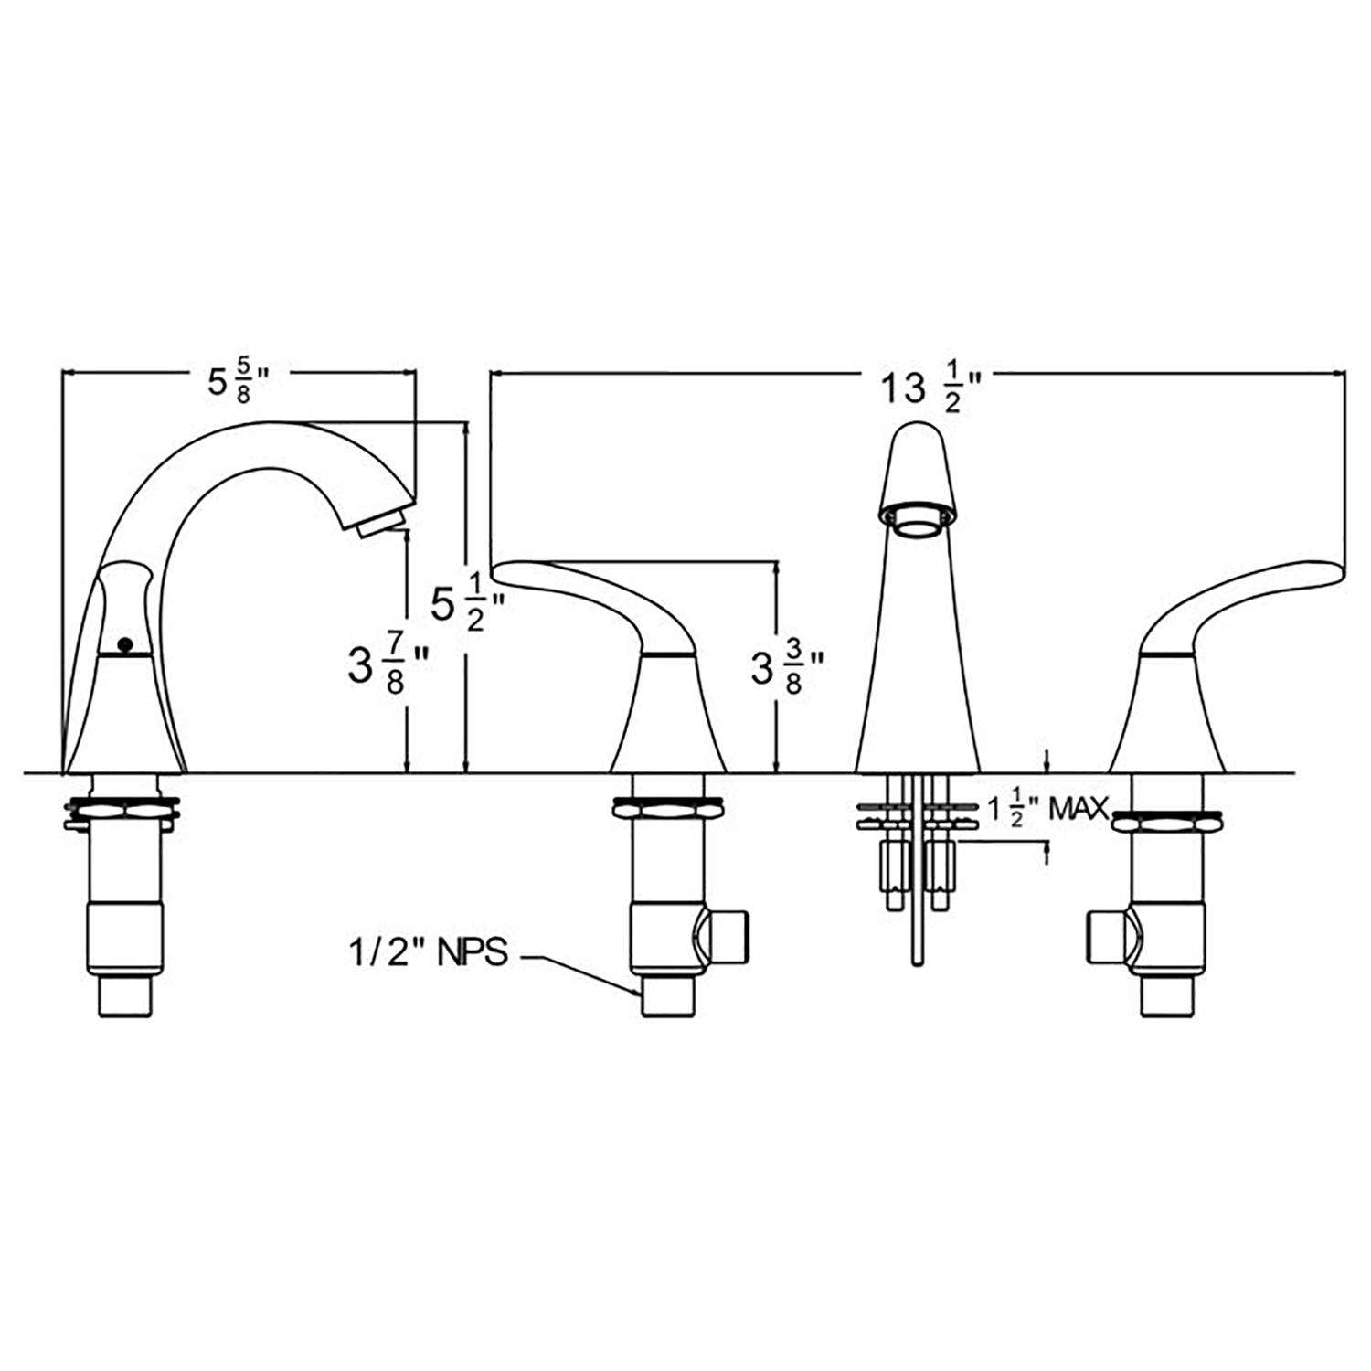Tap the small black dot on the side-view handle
[126, 644]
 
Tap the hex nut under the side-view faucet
[122, 810]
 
